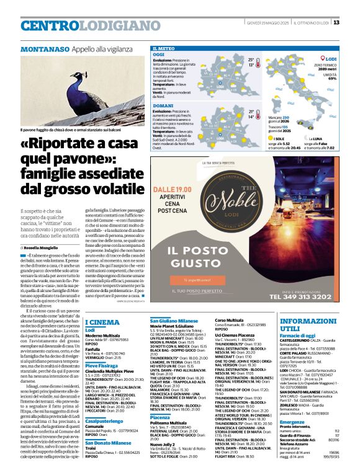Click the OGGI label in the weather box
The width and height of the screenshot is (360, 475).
tap(158, 55)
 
